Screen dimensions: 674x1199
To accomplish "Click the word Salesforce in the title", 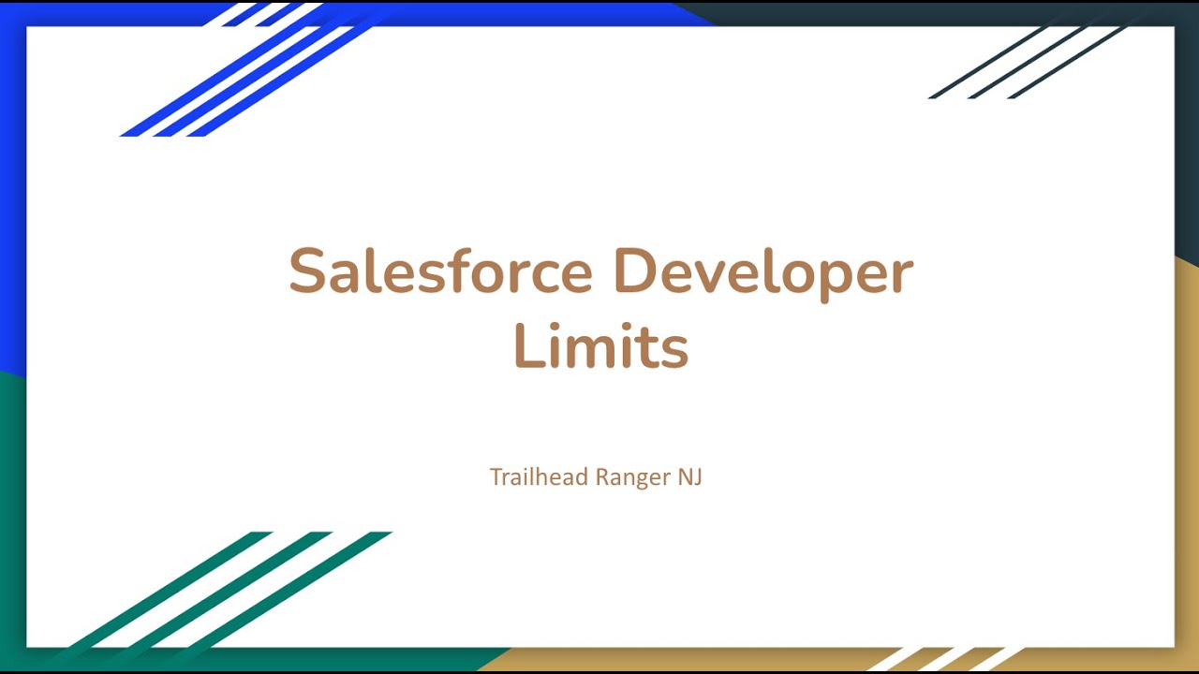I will click(x=440, y=272).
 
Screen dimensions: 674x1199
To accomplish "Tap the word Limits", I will click(x=600, y=346).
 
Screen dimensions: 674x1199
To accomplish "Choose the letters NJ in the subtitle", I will click(x=690, y=476).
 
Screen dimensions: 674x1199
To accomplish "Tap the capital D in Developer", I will click(x=634, y=272).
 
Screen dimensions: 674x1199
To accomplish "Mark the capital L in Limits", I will click(x=528, y=346).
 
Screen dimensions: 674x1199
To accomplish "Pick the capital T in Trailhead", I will click(x=496, y=476).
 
